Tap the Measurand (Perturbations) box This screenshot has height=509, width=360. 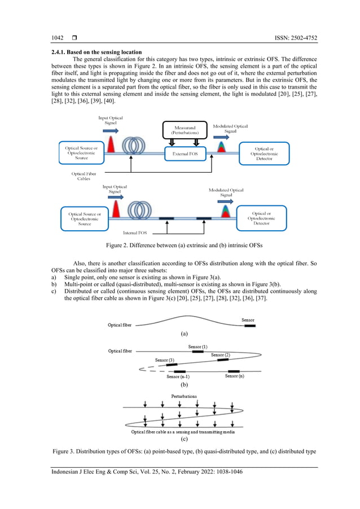(185, 130)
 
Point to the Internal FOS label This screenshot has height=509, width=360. (135, 232)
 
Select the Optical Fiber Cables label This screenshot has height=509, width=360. (85, 177)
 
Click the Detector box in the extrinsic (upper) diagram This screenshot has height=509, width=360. (264, 153)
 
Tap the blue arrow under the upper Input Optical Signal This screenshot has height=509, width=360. (111, 129)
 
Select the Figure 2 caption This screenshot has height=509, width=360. (179, 245)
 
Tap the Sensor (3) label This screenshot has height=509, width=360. (164, 359)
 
